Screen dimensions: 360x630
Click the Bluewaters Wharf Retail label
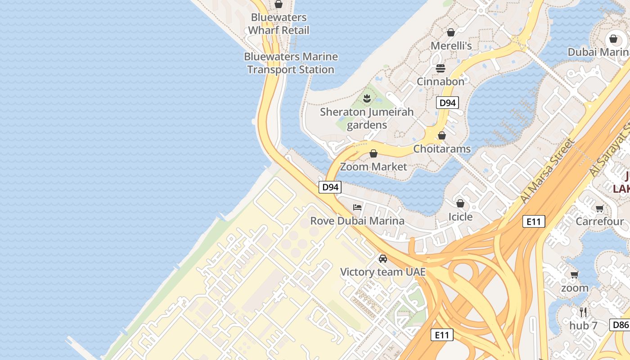coord(279,24)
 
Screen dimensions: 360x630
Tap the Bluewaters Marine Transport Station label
coord(291,63)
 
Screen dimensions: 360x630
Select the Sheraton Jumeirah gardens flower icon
coord(367,98)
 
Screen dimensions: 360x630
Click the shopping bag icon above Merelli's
coord(451,32)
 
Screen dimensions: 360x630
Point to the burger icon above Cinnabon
coord(440,68)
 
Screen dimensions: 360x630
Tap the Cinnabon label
coord(440,81)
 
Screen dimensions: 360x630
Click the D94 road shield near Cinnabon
coord(447,103)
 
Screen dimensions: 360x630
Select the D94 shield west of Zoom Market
coord(330,187)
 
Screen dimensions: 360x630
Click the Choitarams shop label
coord(442,148)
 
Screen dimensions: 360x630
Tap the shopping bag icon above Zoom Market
coord(373,153)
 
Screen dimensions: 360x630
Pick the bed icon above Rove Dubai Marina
coord(357,207)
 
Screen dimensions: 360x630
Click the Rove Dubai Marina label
coord(357,221)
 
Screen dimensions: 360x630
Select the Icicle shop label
coord(460,217)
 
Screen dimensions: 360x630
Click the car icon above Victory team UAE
coord(383,259)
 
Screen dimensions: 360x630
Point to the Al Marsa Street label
coord(547,171)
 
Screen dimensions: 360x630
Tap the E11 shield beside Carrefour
coord(534,221)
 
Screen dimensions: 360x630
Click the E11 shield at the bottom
coord(442,335)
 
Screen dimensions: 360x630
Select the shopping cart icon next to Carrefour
coord(599,208)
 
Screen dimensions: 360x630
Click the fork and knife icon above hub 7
coord(583,312)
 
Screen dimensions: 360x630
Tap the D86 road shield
coord(620,325)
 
